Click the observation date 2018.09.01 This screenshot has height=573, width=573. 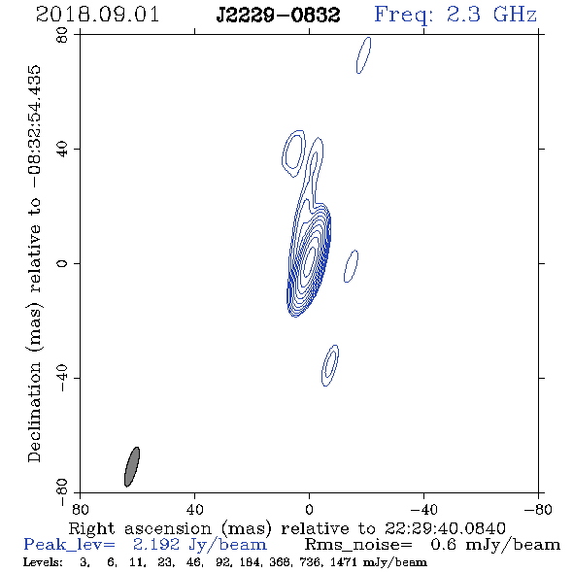point(97,15)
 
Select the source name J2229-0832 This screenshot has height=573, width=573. point(278,15)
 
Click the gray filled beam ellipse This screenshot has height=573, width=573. point(132,467)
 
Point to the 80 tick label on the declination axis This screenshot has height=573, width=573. point(62,35)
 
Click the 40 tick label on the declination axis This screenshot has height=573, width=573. point(62,150)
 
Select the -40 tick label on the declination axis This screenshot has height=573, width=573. point(62,378)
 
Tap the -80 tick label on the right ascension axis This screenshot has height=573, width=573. point(538,509)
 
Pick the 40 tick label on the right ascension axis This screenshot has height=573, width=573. point(194,509)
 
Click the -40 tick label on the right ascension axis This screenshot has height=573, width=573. point(423,509)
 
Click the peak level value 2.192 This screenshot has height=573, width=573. point(156,545)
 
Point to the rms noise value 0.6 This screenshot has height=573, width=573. point(443,545)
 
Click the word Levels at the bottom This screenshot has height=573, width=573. point(43,562)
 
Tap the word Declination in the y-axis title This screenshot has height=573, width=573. point(34,412)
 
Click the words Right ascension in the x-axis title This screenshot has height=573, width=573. point(140,528)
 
